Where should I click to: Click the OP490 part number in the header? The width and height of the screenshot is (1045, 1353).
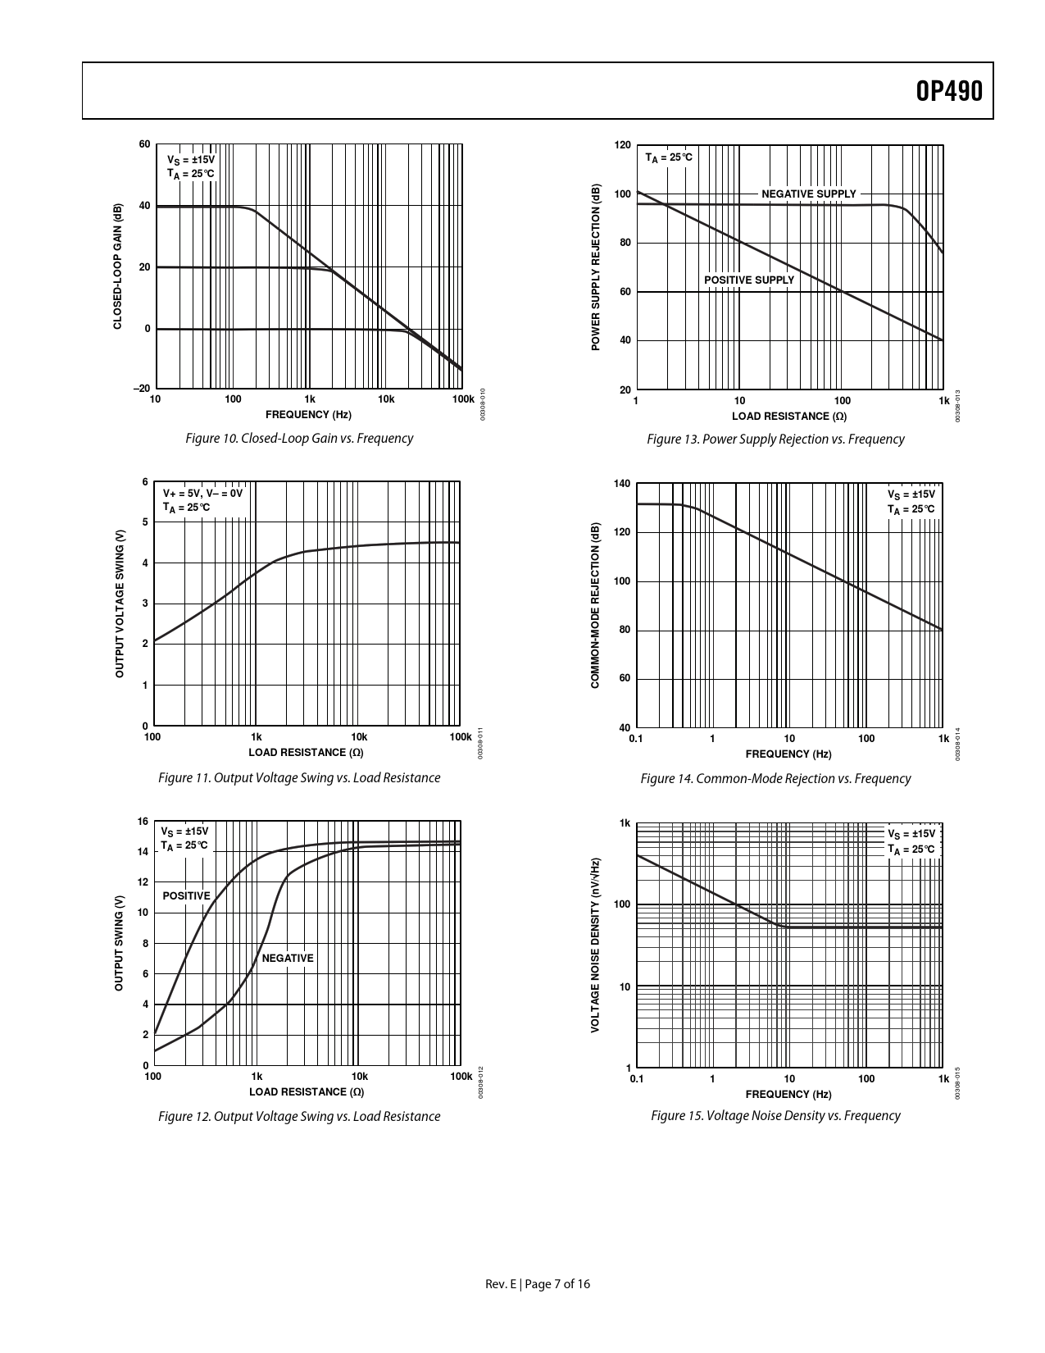pyautogui.click(x=948, y=91)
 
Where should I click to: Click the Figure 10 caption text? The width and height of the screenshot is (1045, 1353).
pyautogui.click(x=299, y=439)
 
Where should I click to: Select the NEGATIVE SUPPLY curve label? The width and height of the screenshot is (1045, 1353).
pyautogui.click(x=808, y=194)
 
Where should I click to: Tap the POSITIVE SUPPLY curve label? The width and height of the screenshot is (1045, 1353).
pyautogui.click(x=749, y=280)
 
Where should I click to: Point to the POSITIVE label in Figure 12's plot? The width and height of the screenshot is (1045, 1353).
pyautogui.click(x=186, y=896)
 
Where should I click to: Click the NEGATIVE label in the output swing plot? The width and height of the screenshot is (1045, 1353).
pyautogui.click(x=288, y=959)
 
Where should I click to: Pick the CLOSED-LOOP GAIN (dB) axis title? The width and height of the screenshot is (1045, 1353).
pyautogui.click(x=117, y=266)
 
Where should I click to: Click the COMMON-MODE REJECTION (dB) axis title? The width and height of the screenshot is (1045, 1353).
pyautogui.click(x=595, y=605)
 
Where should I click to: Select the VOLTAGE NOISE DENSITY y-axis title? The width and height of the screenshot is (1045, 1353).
pyautogui.click(x=596, y=945)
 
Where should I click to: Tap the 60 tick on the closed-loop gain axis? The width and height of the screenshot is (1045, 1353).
pyautogui.click(x=144, y=145)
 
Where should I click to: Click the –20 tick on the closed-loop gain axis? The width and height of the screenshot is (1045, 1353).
pyautogui.click(x=141, y=389)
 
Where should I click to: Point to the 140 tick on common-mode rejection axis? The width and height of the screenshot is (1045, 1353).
pyautogui.click(x=622, y=484)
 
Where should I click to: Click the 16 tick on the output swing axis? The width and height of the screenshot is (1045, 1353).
pyautogui.click(x=143, y=822)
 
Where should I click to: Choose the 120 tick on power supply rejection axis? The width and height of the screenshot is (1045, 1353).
pyautogui.click(x=622, y=146)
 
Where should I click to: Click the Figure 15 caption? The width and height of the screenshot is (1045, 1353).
pyautogui.click(x=775, y=1116)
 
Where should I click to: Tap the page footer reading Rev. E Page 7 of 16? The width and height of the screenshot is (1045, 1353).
pyautogui.click(x=538, y=1284)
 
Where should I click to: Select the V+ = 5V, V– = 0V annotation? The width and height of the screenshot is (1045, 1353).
pyautogui.click(x=202, y=494)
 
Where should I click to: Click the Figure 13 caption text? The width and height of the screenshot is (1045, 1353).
pyautogui.click(x=775, y=440)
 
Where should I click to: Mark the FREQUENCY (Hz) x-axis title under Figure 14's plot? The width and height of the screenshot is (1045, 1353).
pyautogui.click(x=788, y=754)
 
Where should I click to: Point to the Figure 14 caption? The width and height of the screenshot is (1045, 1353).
pyautogui.click(x=775, y=779)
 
